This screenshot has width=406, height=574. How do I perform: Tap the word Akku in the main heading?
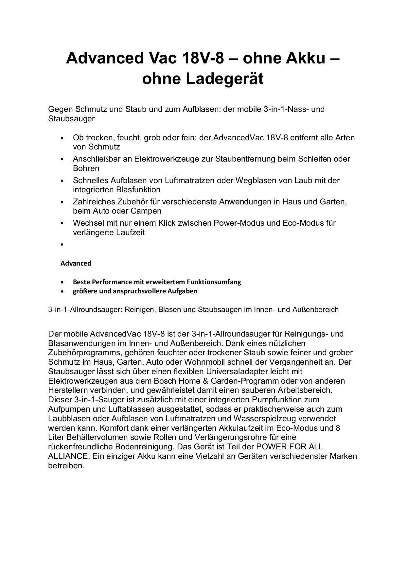[x=306, y=58]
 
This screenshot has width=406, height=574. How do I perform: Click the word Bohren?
[x=86, y=168]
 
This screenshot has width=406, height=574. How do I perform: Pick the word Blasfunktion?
[x=138, y=190]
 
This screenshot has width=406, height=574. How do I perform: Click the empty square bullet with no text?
[x=62, y=244]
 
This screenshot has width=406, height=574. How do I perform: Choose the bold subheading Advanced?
[x=76, y=263]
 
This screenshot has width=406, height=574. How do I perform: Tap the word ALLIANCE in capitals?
[x=68, y=456]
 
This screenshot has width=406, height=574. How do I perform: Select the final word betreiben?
[x=66, y=466]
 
